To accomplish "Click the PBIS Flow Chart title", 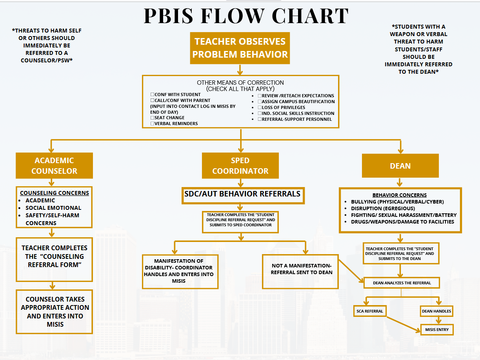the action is (246, 16).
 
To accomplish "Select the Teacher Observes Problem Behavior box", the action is (240, 48).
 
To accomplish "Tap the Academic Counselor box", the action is (54, 165).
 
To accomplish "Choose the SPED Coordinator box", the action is (240, 165).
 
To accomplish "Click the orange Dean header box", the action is (400, 165).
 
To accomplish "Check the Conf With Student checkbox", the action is (152, 95).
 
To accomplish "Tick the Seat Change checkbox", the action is (152, 118).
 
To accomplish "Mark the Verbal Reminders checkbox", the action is (152, 124).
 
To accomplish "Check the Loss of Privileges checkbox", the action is (260, 107).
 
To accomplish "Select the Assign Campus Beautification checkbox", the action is (260, 102).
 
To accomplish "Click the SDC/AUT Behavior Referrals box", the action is (243, 196).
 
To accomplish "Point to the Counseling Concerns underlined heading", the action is (55, 193).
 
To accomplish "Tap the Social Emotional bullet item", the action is (53, 208).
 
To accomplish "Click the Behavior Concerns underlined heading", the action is (400, 195).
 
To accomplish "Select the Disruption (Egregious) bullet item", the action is (383, 208).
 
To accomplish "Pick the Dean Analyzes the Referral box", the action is (402, 283).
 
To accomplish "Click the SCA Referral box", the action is (370, 311).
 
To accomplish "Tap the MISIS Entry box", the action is (437, 330).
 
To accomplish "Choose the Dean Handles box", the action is (436, 311).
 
